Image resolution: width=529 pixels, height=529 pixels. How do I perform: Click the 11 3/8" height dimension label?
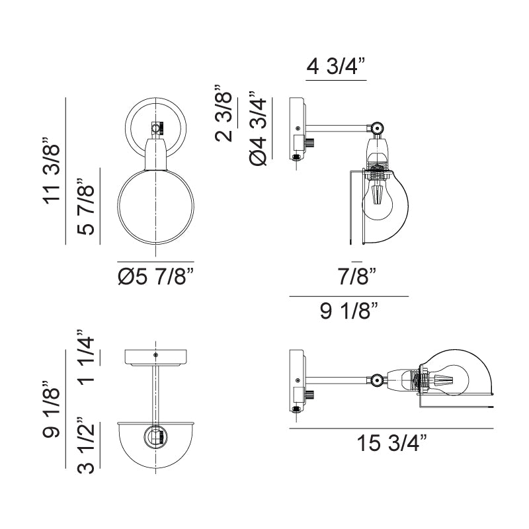click(x=52, y=171)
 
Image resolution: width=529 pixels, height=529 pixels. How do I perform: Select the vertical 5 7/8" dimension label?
click(x=86, y=206)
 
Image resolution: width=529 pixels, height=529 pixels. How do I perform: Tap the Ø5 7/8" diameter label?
click(x=156, y=276)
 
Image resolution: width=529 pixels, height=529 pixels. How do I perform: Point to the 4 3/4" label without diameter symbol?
click(x=336, y=67)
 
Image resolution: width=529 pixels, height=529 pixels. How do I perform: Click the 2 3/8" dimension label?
click(x=224, y=113)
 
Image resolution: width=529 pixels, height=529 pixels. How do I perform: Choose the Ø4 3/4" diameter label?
click(x=258, y=128)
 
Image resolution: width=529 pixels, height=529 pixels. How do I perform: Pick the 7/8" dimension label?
click(x=356, y=276)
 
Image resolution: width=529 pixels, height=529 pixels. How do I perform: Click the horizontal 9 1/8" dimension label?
click(x=349, y=311)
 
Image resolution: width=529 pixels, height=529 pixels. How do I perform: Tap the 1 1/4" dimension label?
click(x=86, y=358)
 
